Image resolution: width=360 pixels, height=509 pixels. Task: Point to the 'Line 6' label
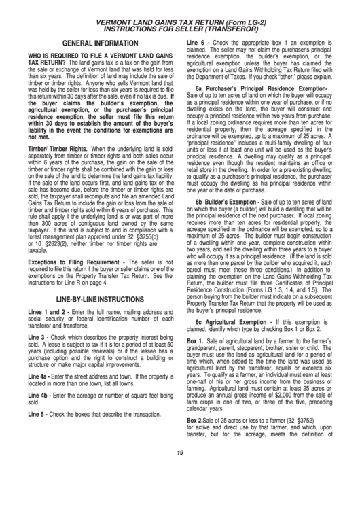click(198, 42)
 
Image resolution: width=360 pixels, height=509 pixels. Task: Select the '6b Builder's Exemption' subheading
click(235, 202)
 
